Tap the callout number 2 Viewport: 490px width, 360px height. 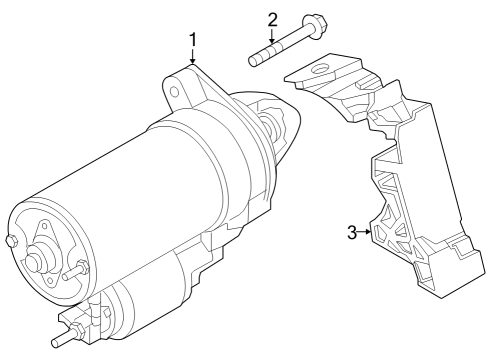272,19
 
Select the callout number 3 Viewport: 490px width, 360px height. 351,233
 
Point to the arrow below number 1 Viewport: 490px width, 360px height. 193,59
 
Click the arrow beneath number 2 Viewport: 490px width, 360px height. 272,38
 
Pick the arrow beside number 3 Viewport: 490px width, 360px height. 367,233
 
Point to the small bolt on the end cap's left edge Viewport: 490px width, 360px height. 10,241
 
